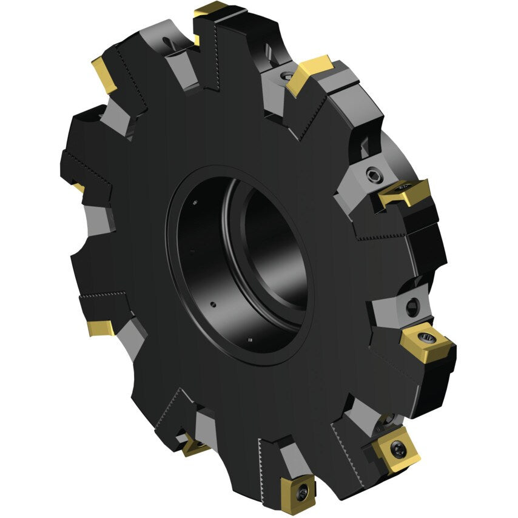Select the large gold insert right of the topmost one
pyautogui.click(x=308, y=73)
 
